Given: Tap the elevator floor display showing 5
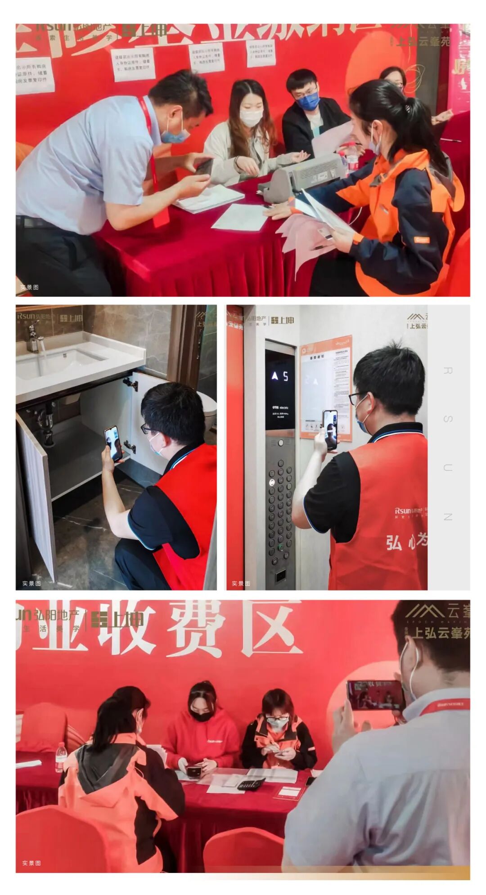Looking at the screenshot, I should point(280,376).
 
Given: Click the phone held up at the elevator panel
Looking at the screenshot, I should point(330,430).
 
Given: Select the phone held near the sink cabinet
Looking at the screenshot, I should point(113,443).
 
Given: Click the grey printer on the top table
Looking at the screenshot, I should point(306,176).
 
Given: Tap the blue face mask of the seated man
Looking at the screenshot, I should point(309,101).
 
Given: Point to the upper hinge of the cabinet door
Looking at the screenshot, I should point(130,384).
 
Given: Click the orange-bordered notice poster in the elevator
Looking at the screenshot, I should point(326,387).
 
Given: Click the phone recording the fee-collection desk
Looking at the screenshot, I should point(374,695).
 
